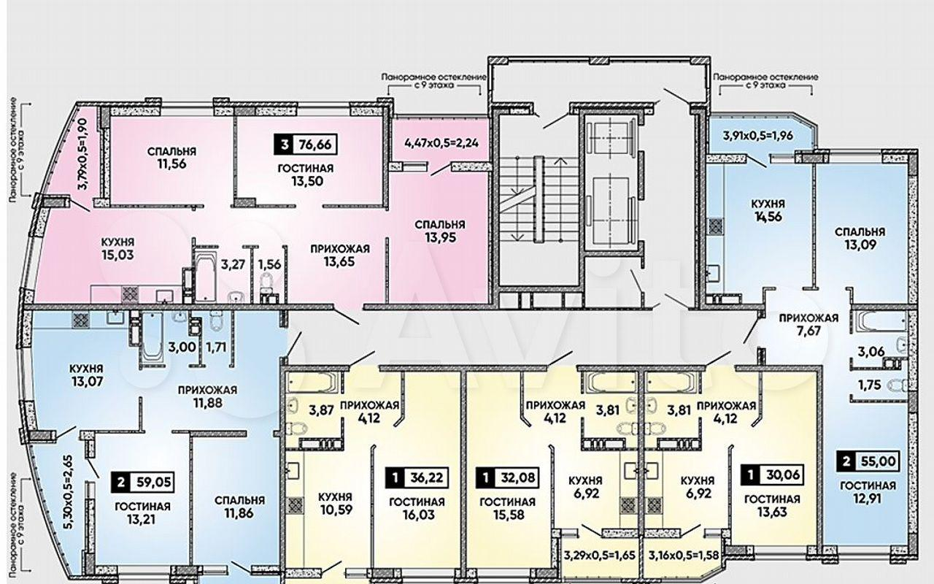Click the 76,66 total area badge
tap(306, 145)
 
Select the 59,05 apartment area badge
tap(142, 483)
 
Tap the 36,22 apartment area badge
tap(417, 477)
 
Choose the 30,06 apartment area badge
tap(773, 474)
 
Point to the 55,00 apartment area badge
tap(868, 461)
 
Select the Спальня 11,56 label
tap(171, 158)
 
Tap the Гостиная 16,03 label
tap(417, 508)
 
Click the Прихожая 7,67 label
tap(809, 325)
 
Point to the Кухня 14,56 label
tap(768, 210)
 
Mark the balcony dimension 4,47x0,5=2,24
tap(441, 142)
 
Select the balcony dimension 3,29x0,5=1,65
tap(600, 556)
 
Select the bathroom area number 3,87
tap(321, 410)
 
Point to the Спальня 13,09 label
tap(860, 238)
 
